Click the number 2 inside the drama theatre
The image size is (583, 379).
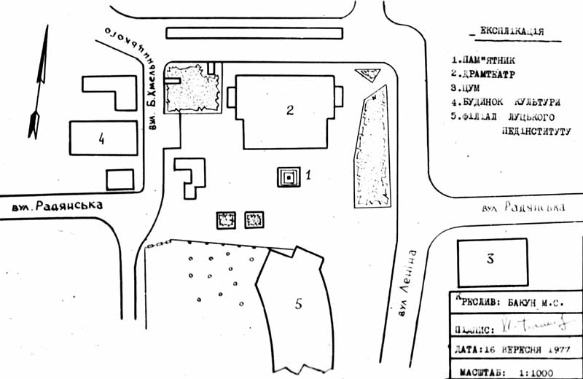pos(289,110)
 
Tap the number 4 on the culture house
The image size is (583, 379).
pos(102,138)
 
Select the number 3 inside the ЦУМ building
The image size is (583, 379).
pos(490,258)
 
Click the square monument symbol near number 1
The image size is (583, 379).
pos(289,176)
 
